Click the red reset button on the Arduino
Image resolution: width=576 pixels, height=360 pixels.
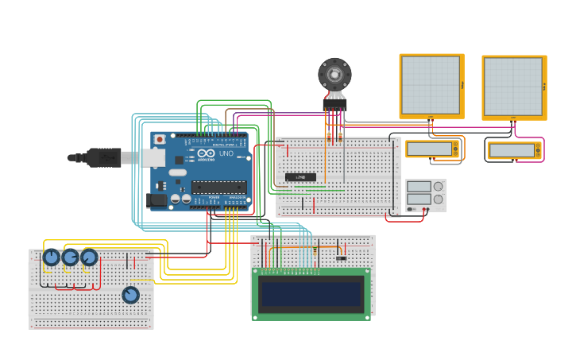click(159, 139)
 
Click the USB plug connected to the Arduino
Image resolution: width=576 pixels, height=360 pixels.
click(103, 157)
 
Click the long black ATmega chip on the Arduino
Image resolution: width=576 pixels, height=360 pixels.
click(218, 187)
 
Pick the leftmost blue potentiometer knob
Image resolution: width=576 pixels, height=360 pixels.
click(52, 257)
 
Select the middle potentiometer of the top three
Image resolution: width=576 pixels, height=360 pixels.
click(71, 257)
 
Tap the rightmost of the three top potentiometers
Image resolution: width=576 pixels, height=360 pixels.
click(89, 257)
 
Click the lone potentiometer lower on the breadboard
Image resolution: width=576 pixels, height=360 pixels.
click(130, 295)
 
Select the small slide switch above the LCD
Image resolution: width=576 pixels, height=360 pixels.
click(341, 257)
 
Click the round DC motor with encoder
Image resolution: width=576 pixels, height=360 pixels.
click(334, 75)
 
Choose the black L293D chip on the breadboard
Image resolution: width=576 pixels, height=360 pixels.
click(300, 176)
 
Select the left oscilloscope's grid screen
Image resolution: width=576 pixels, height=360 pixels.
click(430, 85)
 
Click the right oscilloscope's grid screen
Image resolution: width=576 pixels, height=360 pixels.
click(512, 85)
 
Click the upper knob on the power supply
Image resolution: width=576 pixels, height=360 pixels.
click(438, 187)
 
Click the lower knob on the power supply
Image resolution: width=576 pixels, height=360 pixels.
click(438, 199)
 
